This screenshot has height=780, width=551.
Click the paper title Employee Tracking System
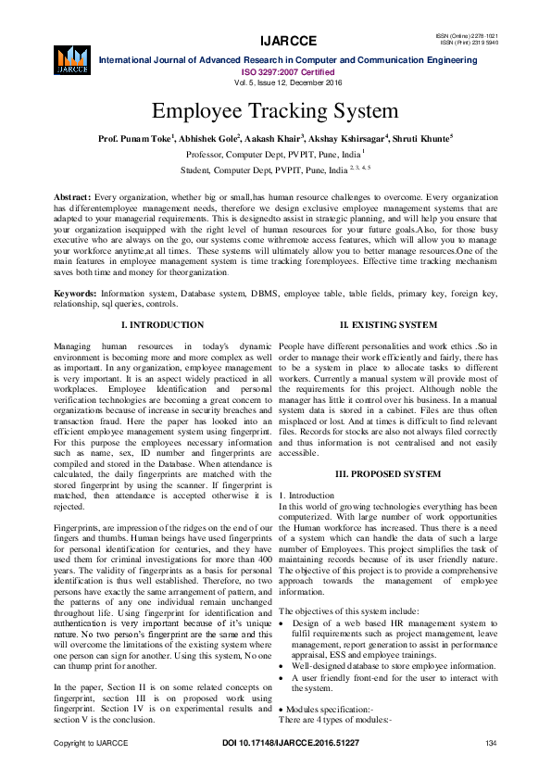click(x=275, y=111)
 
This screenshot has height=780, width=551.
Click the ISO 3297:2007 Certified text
click(x=275, y=71)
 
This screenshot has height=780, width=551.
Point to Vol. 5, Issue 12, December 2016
click(x=275, y=82)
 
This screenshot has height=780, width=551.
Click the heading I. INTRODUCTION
click(x=163, y=325)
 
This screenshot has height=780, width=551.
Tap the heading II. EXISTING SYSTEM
click(x=388, y=325)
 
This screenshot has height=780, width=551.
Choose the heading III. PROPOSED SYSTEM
click(x=388, y=473)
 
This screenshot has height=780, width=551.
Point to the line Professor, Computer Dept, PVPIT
click(x=275, y=155)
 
